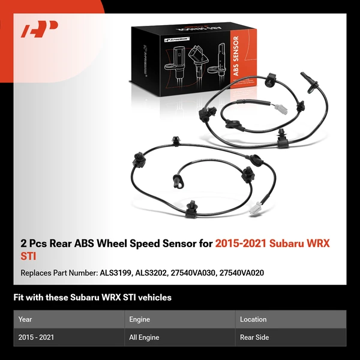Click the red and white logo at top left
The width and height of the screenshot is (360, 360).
[40, 28]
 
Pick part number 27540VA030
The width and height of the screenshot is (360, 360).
[194, 273]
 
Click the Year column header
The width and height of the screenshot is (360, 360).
[26, 319]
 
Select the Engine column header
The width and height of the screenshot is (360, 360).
[140, 319]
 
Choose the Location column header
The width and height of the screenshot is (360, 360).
[253, 319]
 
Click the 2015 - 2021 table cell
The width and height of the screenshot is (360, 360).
[37, 338]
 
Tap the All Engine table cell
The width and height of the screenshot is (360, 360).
[144, 338]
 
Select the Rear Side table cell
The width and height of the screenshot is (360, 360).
[254, 338]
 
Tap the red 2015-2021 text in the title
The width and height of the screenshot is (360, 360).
[241, 244]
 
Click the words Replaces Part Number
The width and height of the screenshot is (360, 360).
[58, 273]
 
